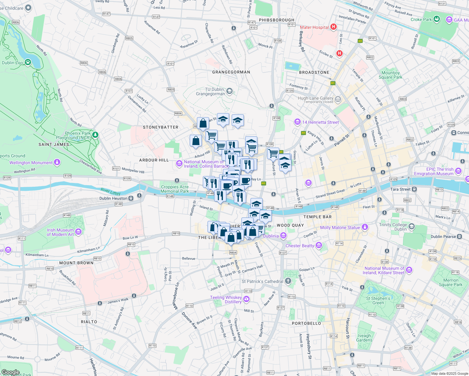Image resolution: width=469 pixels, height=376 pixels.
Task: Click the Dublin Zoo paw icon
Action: (x=28, y=62)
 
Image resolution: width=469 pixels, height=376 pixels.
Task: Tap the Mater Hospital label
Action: (x=314, y=27)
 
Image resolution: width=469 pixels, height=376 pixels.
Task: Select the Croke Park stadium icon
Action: (x=437, y=19)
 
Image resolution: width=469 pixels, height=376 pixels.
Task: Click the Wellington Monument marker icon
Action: (x=57, y=162)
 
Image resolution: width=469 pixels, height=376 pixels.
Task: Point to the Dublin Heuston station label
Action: (x=113, y=198)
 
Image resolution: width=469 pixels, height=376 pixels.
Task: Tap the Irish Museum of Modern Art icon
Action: (x=78, y=232)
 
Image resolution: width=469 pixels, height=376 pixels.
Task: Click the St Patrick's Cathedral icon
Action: (x=288, y=281)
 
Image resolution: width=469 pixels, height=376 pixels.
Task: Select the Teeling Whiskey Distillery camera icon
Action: (x=246, y=299)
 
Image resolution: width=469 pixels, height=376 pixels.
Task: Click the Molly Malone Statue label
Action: (x=340, y=227)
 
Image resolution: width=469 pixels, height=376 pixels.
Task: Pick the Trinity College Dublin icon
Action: (x=412, y=226)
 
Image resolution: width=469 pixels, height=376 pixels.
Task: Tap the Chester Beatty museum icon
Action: (x=319, y=245)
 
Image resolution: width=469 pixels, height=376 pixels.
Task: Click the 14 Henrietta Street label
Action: (x=320, y=122)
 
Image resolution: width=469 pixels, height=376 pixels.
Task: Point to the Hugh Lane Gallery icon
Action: (x=338, y=99)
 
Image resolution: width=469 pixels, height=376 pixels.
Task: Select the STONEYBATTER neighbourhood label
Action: (x=161, y=127)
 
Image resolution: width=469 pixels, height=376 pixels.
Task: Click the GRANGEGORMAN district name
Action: (x=231, y=72)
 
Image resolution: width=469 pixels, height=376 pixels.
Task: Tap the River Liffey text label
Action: (x=111, y=191)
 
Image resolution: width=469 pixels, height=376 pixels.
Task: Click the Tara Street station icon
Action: (x=414, y=189)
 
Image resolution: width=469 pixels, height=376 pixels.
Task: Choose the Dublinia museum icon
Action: (x=283, y=235)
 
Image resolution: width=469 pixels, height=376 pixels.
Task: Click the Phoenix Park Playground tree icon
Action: (x=95, y=135)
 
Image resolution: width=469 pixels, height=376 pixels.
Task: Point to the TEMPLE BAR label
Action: (x=317, y=217)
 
